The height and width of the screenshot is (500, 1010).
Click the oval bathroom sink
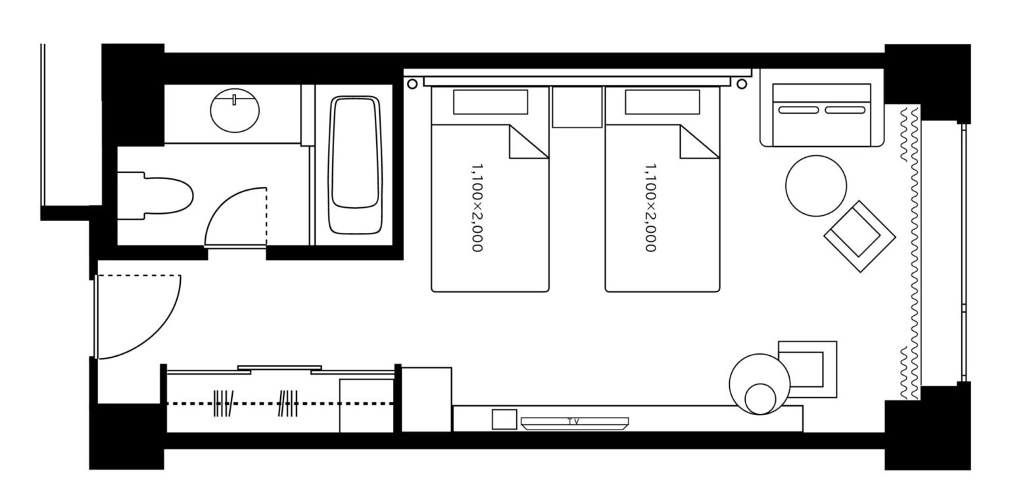pos(235,111)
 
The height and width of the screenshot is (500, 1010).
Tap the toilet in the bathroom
pos(155,196)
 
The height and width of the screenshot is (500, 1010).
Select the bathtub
pos(355,164)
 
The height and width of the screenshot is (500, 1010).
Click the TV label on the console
pos(573,422)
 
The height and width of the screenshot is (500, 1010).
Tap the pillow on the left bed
pos(491,102)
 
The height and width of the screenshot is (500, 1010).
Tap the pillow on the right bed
pos(662,102)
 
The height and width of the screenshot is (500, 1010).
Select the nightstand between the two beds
pos(577,107)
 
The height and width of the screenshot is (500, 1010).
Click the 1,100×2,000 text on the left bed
pos(477,208)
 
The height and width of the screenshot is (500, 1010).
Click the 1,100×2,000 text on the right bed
pos(650,208)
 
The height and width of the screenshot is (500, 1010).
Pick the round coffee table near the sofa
pos(816,186)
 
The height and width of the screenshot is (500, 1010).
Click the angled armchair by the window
pos(860,236)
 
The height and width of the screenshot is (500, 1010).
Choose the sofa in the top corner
pos(821,115)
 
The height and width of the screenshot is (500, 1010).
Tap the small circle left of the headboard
pos(412,84)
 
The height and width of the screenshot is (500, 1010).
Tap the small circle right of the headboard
pos(742,84)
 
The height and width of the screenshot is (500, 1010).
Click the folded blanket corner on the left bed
pos(529,141)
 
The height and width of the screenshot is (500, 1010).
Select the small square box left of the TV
pos(504,419)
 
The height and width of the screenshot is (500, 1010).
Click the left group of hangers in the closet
pos(223,403)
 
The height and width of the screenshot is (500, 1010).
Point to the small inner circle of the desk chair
pos(760,399)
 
